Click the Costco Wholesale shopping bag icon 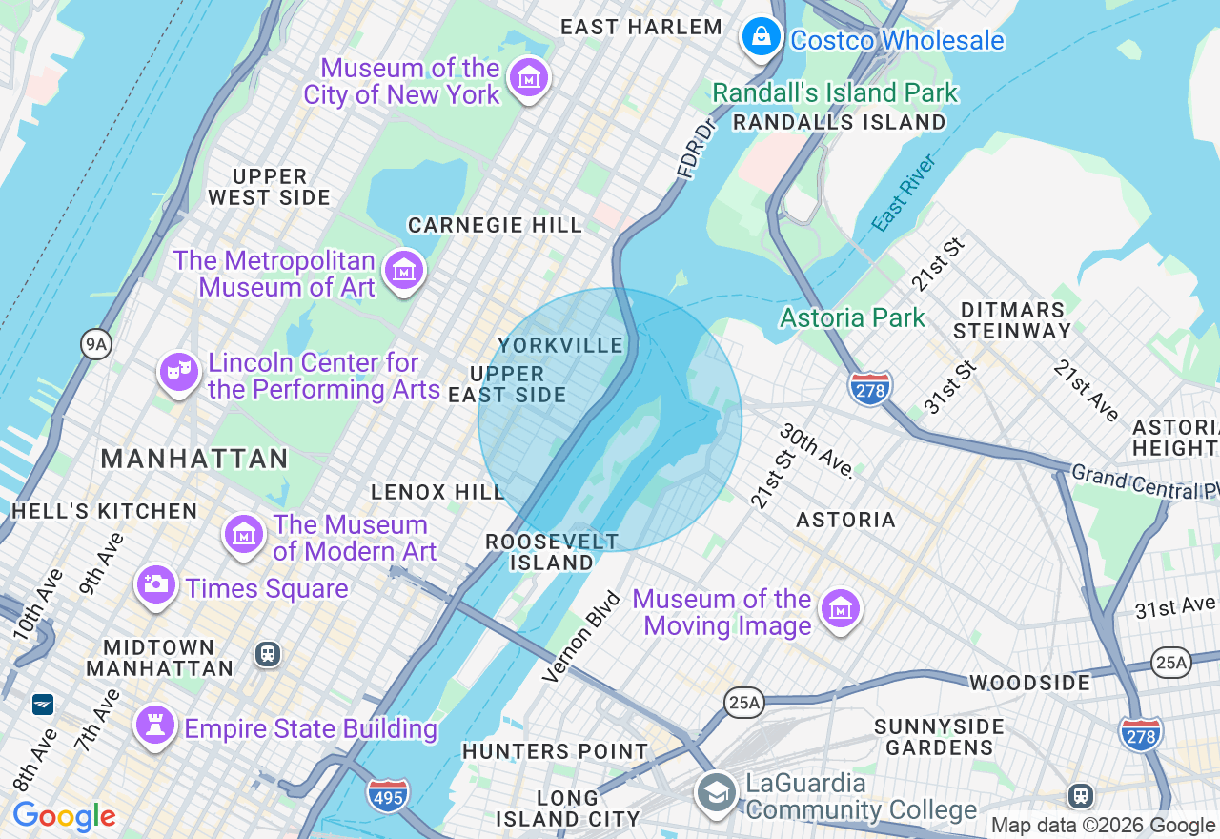pyautogui.click(x=761, y=37)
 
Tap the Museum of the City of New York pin pyautogui.click(x=528, y=77)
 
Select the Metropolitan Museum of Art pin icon pyautogui.click(x=404, y=271)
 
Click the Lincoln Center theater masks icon pyautogui.click(x=178, y=372)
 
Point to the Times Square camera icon pyautogui.click(x=155, y=583)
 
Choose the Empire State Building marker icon pyautogui.click(x=154, y=725)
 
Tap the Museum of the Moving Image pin pyautogui.click(x=841, y=607)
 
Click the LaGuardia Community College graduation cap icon pyautogui.click(x=715, y=792)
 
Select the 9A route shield pyautogui.click(x=95, y=344)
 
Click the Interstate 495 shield pyautogui.click(x=388, y=794)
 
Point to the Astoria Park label pyautogui.click(x=852, y=317)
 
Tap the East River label pyautogui.click(x=905, y=193)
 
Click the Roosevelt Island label pyautogui.click(x=552, y=552)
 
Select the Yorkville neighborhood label pyautogui.click(x=560, y=345)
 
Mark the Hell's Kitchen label pyautogui.click(x=104, y=511)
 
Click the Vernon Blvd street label pyautogui.click(x=581, y=637)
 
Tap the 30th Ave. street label pyautogui.click(x=817, y=450)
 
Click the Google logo pyautogui.click(x=64, y=816)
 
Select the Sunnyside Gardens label pyautogui.click(x=939, y=737)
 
